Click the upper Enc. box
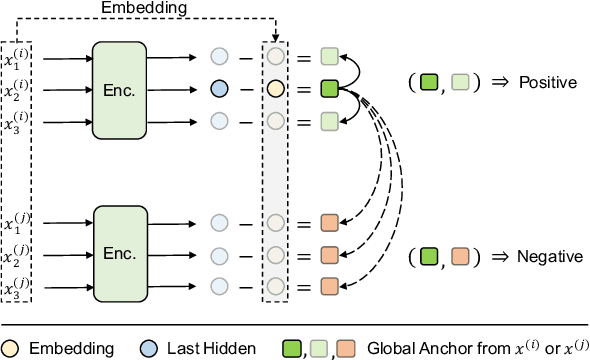point(126,90)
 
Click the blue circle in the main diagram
point(220,90)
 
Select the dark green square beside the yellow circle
point(329,90)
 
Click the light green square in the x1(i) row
point(329,57)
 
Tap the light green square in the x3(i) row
point(329,122)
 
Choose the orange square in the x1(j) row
point(329,222)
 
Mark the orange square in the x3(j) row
point(329,287)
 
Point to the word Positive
point(548,82)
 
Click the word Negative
point(549,257)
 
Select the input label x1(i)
point(16,57)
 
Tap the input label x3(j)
point(16,287)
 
